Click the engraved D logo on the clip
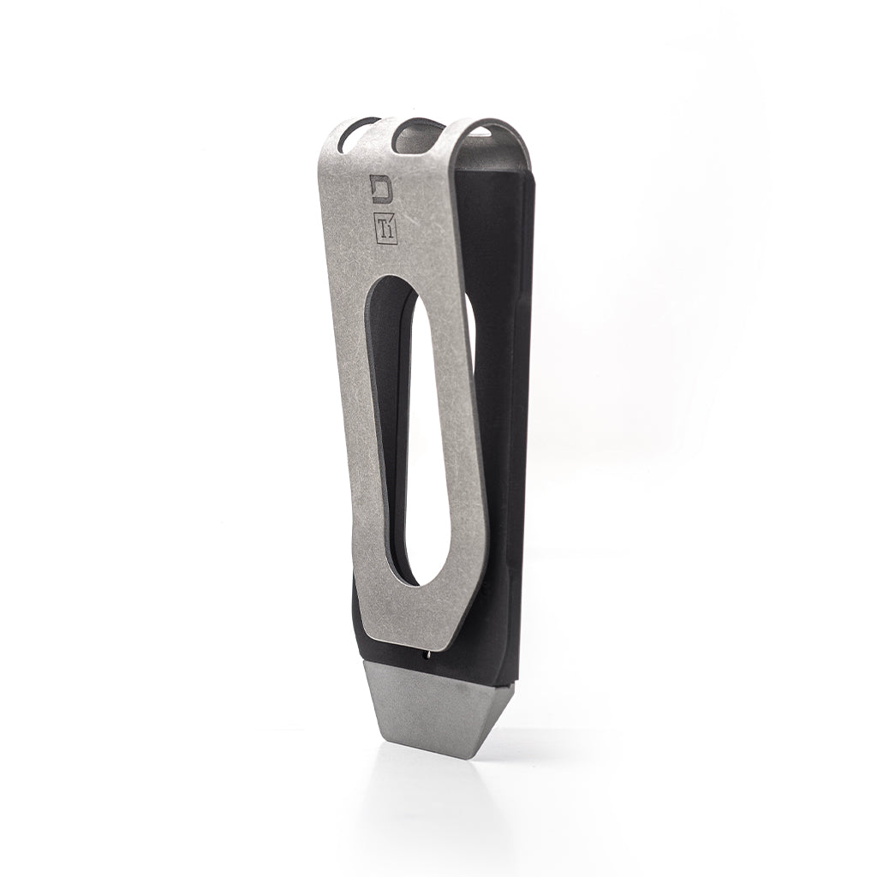[379, 186]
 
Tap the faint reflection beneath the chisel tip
[428, 796]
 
